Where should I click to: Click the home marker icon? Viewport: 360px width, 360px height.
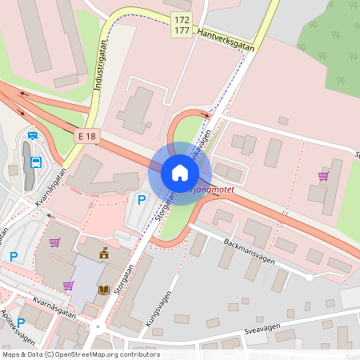click(x=180, y=173)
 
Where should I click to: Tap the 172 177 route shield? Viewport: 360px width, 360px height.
click(x=182, y=25)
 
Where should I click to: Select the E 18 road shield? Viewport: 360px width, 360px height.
click(x=86, y=137)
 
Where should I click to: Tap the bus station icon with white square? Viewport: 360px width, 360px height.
click(x=36, y=162)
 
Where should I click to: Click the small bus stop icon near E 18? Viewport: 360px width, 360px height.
click(x=32, y=135)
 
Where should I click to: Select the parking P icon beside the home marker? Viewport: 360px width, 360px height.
click(x=142, y=200)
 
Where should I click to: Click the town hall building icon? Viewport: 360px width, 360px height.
click(x=103, y=254)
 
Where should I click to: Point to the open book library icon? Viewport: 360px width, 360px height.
click(x=103, y=290)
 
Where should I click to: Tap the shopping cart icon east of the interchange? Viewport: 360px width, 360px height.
click(x=323, y=175)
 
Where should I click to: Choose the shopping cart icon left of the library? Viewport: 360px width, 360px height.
click(x=68, y=286)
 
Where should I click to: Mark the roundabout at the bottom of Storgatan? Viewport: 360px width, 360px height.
click(x=98, y=326)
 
